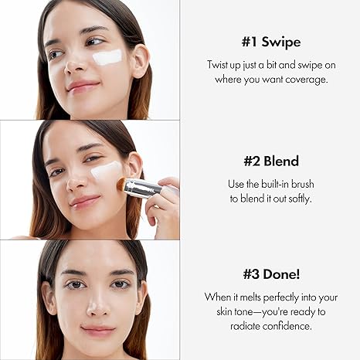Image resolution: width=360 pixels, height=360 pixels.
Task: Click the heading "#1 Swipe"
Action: coord(270,42)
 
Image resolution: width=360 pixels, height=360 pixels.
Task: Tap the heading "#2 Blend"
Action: coord(270,161)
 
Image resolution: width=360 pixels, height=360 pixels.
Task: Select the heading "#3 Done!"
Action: coord(270,274)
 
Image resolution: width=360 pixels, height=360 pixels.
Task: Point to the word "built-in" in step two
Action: coord(277,184)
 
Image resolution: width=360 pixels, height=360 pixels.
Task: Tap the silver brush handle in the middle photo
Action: coord(144,188)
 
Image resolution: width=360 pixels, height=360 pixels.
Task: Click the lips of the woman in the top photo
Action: coord(83,84)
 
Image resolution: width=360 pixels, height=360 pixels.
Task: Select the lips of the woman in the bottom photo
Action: coord(99,331)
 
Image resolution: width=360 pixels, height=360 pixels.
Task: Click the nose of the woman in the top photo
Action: coord(76,66)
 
